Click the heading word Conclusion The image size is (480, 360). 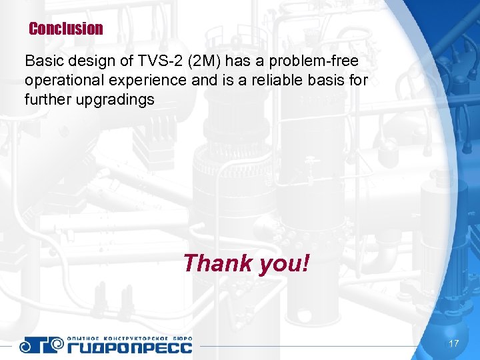[x=66, y=29]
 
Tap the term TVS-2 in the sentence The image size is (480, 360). [x=159, y=61]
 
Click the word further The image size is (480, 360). [x=46, y=100]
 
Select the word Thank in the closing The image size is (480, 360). [x=215, y=263]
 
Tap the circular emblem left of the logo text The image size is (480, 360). [x=33, y=344]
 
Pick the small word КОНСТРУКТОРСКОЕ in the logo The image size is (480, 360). [x=136, y=337]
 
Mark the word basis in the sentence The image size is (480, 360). [x=323, y=81]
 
